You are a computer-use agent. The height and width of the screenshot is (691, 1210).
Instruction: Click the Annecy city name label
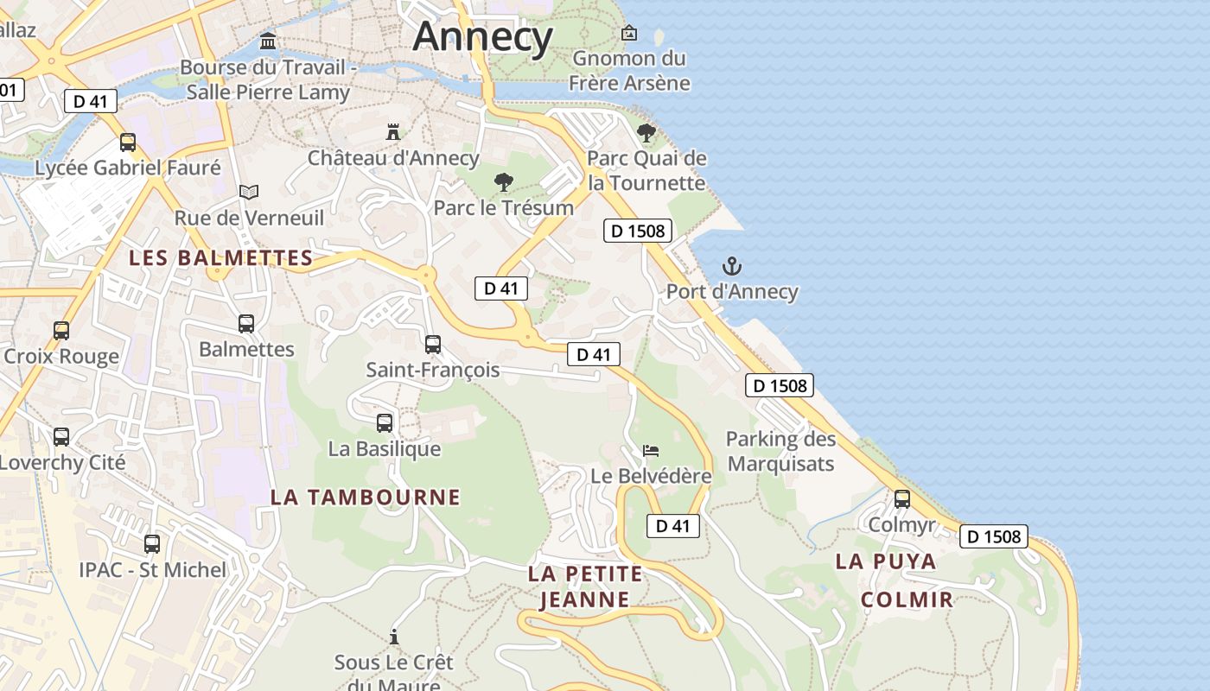click(482, 36)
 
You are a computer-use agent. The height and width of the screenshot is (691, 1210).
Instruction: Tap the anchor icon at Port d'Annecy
click(732, 266)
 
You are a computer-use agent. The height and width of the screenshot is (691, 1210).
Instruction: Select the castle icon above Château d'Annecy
click(393, 132)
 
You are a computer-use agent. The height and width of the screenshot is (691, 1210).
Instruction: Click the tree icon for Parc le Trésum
click(503, 182)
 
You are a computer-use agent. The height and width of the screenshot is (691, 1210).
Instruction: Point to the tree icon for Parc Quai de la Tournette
click(646, 133)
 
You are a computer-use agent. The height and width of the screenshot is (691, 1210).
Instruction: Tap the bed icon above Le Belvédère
click(651, 450)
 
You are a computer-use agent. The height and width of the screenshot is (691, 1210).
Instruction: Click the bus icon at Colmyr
click(901, 498)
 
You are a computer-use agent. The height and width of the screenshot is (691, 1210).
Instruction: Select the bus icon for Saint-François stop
click(433, 344)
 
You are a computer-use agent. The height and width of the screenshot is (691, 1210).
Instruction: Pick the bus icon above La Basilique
click(385, 423)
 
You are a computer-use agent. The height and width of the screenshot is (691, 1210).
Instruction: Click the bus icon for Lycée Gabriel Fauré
click(128, 143)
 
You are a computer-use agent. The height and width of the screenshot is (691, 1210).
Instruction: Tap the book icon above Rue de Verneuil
click(249, 192)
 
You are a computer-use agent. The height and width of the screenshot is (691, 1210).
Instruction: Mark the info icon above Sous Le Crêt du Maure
click(394, 637)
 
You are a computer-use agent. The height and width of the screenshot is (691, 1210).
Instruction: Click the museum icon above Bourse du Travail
click(268, 41)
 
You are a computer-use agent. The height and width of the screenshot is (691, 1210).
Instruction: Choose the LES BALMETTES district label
click(220, 257)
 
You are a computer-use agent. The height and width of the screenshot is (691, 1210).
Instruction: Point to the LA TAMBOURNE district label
click(366, 497)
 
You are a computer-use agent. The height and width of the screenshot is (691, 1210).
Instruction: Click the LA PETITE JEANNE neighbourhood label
click(585, 586)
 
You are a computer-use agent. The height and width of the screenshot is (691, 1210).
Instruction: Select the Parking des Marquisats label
click(780, 451)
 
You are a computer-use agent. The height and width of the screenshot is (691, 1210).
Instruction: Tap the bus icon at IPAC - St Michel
click(152, 544)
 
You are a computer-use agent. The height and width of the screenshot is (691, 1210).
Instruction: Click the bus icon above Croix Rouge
click(60, 331)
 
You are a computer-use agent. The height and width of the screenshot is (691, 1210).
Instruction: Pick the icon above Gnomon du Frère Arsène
click(629, 34)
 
